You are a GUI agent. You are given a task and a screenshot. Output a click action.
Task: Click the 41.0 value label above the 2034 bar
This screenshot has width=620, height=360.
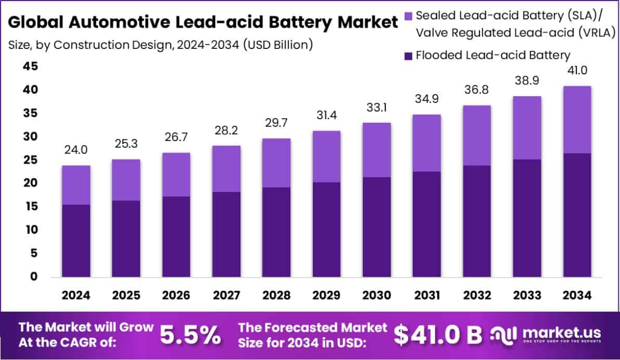(577, 70)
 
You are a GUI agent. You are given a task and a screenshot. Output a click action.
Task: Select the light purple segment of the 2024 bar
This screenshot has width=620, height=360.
(76, 185)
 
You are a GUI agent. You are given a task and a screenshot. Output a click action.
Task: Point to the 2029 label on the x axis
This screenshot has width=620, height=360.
(326, 295)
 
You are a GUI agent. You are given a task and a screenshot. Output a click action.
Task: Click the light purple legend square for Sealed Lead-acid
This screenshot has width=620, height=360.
(408, 16)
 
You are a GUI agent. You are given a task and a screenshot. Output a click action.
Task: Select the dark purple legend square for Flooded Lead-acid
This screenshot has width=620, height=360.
(408, 55)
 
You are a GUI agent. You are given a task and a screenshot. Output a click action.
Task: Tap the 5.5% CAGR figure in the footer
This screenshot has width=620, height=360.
(190, 336)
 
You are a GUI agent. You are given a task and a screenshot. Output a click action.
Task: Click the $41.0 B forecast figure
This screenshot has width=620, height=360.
(438, 336)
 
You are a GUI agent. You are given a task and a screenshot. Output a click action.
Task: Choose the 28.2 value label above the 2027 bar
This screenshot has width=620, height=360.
(226, 130)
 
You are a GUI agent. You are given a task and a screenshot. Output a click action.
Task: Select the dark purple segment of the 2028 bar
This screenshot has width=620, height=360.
(276, 232)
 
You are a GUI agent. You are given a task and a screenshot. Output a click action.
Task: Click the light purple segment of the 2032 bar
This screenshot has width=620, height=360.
(477, 135)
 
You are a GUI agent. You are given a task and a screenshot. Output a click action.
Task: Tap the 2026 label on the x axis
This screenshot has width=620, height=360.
(176, 295)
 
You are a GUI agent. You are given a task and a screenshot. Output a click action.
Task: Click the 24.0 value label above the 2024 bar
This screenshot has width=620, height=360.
(76, 150)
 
